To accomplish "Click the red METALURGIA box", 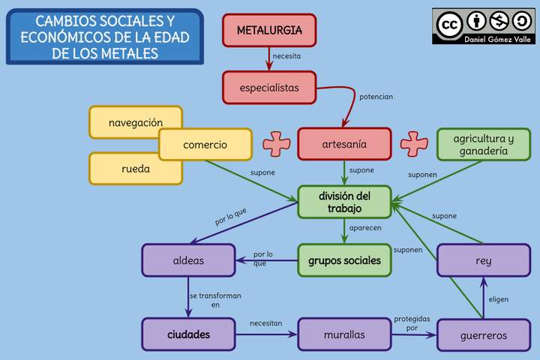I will (269, 31).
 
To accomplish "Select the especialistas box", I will (269, 88).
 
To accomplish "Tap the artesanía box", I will (344, 144).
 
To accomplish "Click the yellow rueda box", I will (135, 169).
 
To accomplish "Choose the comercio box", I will (205, 144).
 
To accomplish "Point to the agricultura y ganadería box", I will (483, 144).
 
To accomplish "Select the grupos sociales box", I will (344, 261).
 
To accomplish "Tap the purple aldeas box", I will (188, 261).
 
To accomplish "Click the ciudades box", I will (188, 334).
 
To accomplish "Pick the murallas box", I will (344, 334).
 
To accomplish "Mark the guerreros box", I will (484, 335).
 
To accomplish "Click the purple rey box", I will (484, 261).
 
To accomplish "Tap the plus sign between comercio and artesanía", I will (276, 144).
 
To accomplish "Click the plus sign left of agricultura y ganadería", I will (413, 144).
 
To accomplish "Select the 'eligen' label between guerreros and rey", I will (499, 299).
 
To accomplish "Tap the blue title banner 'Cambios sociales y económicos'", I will (104, 37).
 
